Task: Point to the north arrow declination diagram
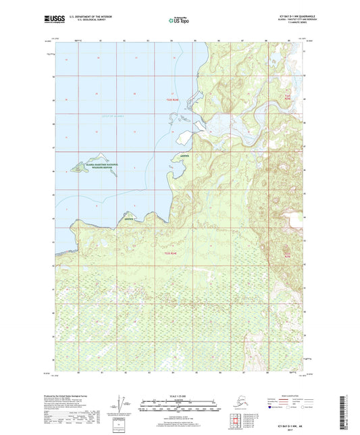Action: (122, 405)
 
